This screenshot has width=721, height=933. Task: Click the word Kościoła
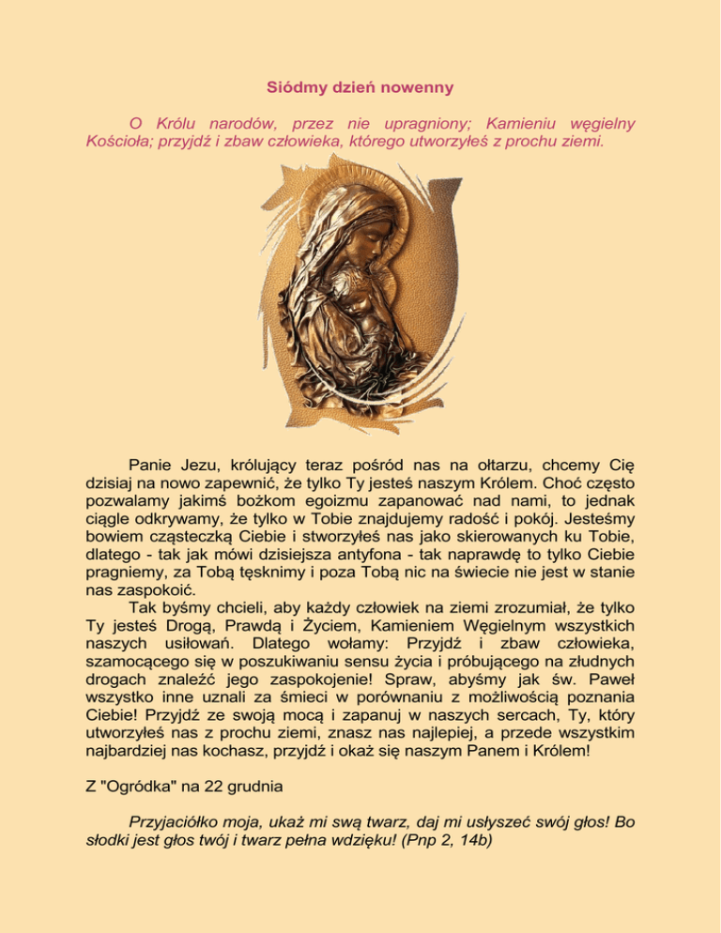[109, 144]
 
